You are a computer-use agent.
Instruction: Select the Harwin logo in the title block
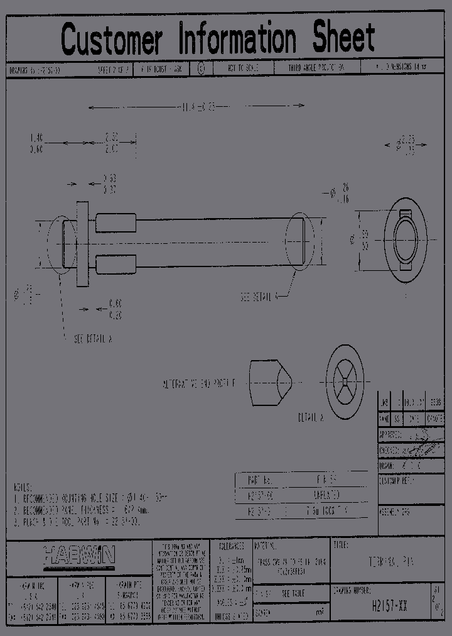(80, 555)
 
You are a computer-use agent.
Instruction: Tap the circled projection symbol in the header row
(201, 69)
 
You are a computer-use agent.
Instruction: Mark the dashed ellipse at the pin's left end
(62, 244)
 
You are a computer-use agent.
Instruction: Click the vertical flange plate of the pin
(82, 244)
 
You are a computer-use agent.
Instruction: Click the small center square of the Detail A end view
(345, 379)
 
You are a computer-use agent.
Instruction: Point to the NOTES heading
(24, 487)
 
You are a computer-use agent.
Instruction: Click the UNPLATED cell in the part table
(326, 496)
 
